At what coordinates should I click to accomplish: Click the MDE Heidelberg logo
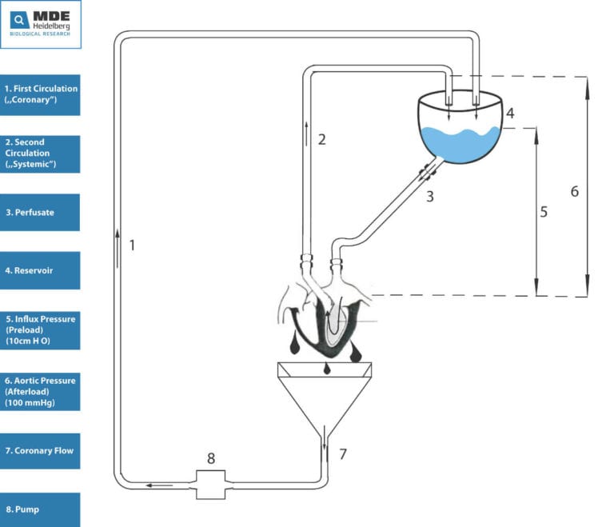click(41, 24)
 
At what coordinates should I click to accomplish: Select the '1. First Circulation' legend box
click(40, 95)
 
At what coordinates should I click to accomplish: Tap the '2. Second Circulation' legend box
click(40, 154)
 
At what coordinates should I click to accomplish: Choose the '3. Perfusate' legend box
click(40, 213)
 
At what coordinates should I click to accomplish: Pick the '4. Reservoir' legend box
click(40, 270)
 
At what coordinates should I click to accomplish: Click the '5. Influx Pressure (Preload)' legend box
click(40, 330)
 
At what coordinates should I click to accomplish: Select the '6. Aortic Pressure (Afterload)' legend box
click(40, 391)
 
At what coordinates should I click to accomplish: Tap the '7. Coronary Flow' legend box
click(40, 451)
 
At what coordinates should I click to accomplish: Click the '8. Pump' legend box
click(40, 509)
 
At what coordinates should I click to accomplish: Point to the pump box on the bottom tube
click(211, 485)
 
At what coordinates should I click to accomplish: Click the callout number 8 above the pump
click(211, 458)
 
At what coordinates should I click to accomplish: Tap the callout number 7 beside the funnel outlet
click(343, 453)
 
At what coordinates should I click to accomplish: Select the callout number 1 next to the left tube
click(133, 246)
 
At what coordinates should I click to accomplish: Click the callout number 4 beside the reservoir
click(510, 114)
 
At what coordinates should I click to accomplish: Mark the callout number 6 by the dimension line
click(575, 191)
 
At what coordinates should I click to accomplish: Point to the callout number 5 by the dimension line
click(544, 212)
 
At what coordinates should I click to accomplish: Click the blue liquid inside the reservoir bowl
click(460, 145)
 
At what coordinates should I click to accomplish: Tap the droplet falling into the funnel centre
click(326, 369)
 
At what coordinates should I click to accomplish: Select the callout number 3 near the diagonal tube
click(430, 196)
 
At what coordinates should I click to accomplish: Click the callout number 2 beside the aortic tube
click(322, 139)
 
